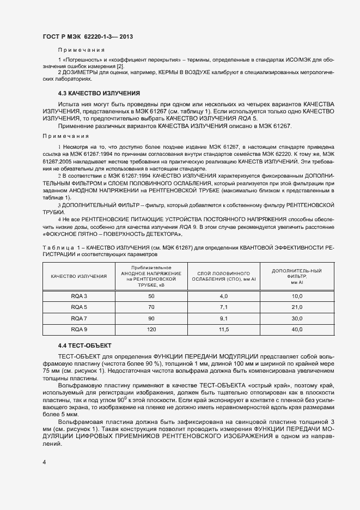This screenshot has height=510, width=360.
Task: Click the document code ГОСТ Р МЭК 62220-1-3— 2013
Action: [x=88, y=37]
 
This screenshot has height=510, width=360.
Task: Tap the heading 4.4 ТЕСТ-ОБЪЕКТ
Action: [x=84, y=345]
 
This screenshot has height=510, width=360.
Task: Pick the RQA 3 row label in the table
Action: [x=79, y=296]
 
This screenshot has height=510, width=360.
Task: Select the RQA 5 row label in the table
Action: [x=79, y=307]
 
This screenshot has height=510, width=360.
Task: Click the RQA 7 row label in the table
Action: [x=79, y=318]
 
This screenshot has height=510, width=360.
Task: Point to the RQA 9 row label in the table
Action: [x=79, y=330]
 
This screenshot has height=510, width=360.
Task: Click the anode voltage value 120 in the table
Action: [x=151, y=330]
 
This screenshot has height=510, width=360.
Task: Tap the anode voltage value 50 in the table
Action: [x=151, y=296]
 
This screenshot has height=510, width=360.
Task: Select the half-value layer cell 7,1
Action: [x=223, y=307]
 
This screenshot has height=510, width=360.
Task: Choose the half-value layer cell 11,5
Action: [x=223, y=330]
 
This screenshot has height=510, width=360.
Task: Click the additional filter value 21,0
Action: [x=297, y=307]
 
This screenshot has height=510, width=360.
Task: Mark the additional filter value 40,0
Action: [x=297, y=330]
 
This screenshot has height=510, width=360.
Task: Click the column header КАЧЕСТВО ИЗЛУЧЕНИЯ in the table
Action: [x=79, y=276]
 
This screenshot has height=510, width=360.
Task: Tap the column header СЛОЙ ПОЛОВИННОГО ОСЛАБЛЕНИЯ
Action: [x=223, y=276]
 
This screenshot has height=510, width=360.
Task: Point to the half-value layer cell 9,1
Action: [x=223, y=318]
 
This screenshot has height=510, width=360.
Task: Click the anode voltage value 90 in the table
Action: [x=151, y=318]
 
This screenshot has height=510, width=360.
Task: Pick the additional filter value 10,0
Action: [x=297, y=296]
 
